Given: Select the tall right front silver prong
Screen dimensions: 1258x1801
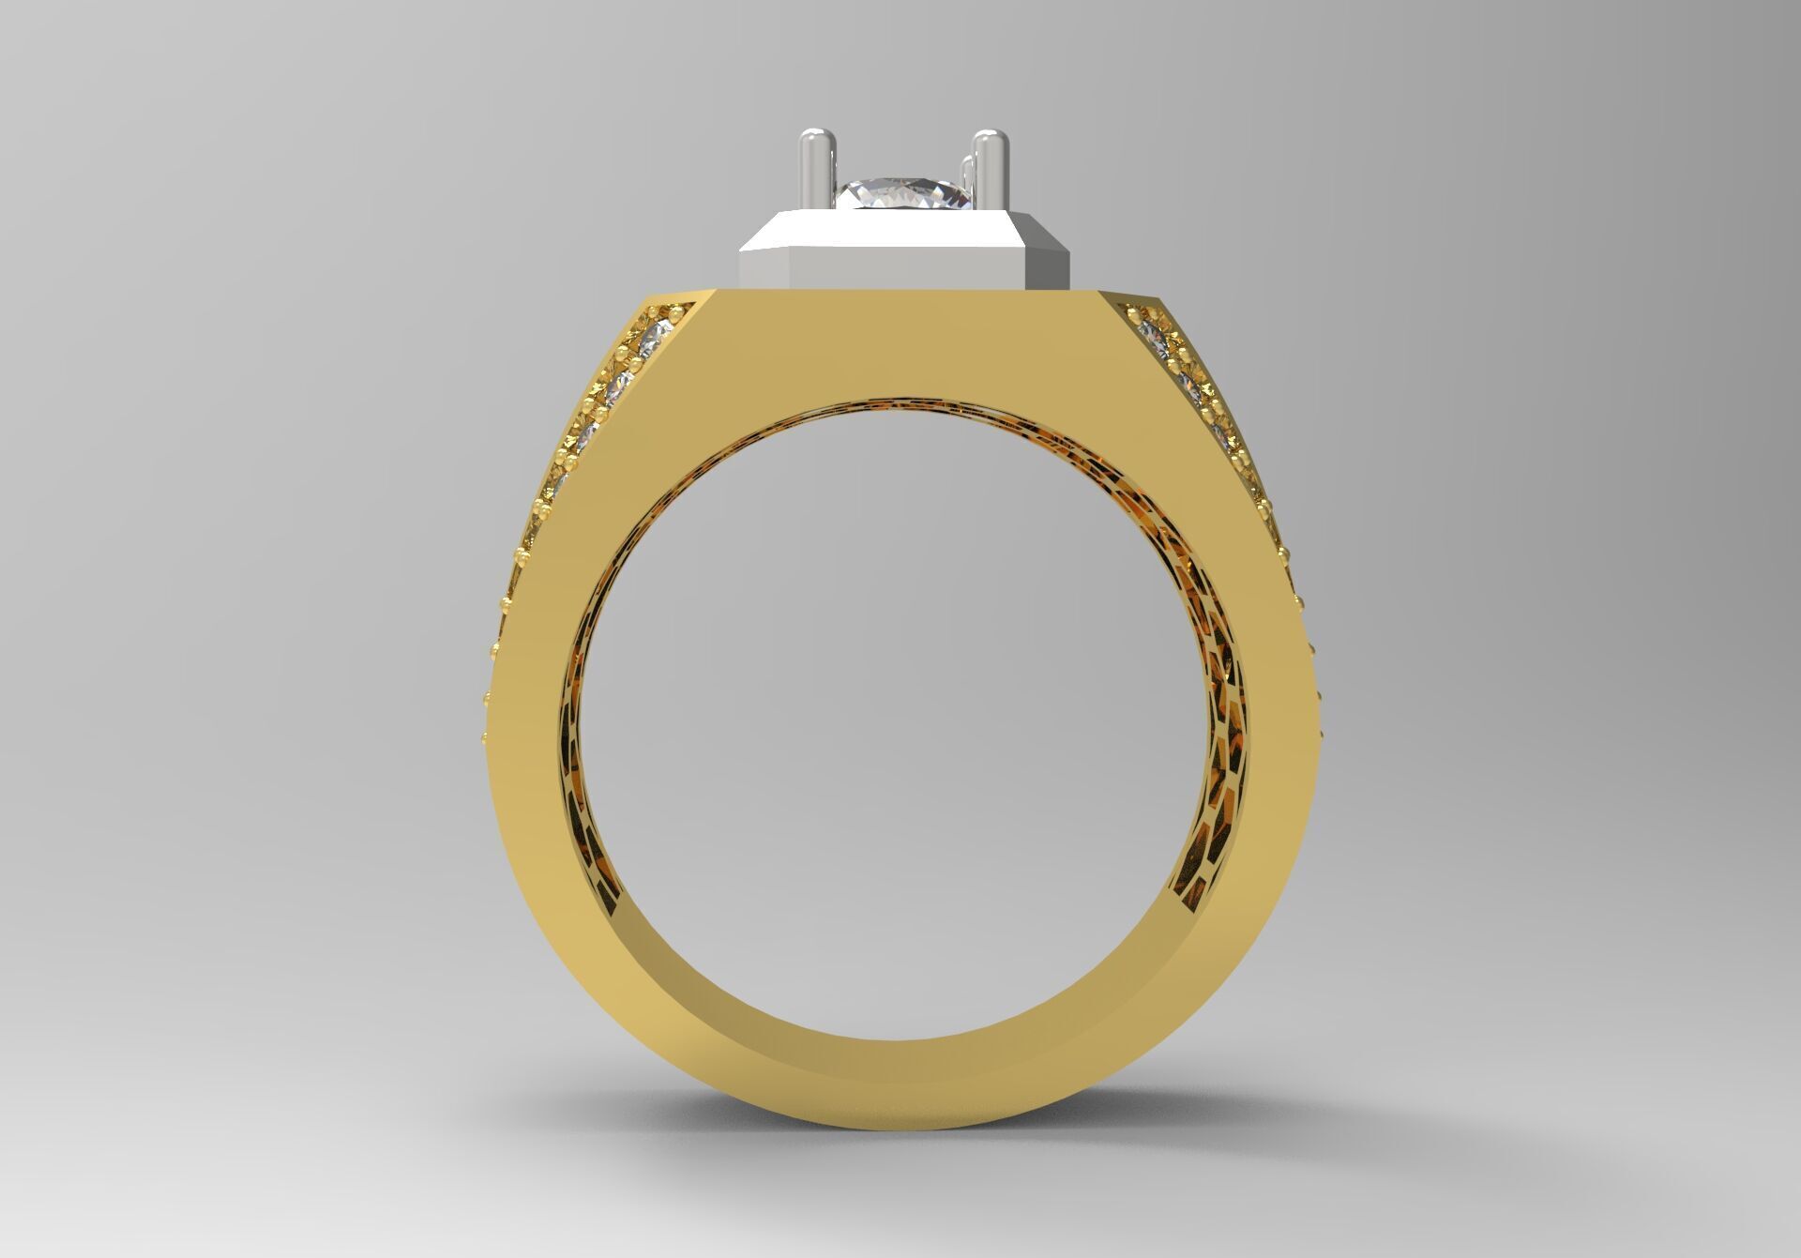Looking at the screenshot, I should tap(989, 178).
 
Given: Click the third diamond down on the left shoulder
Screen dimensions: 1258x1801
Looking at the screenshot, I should tap(590, 435).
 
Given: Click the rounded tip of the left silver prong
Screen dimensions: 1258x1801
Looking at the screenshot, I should tap(813, 140).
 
